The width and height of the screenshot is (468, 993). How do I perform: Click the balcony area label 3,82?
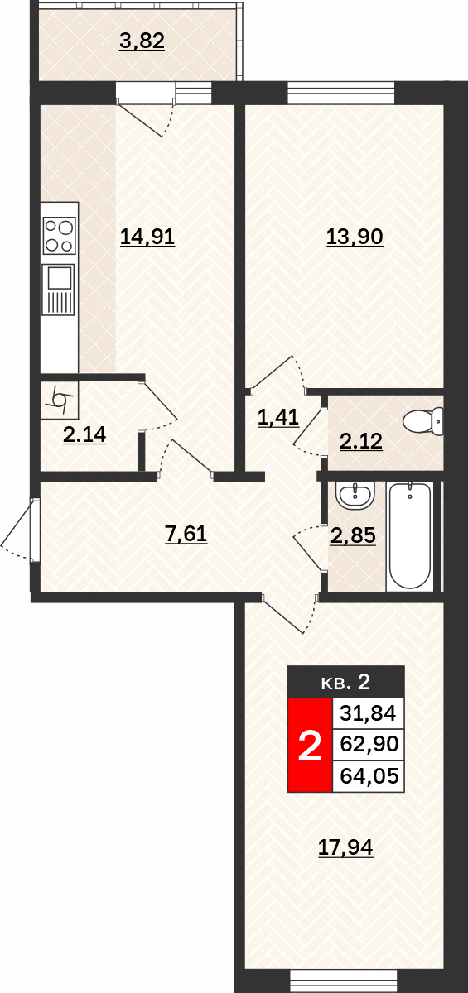click(142, 41)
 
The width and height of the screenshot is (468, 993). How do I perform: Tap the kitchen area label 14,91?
click(147, 237)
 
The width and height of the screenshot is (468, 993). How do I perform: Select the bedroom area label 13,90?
click(355, 237)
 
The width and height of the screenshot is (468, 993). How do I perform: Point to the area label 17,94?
click(346, 847)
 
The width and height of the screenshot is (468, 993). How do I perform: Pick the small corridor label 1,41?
click(278, 418)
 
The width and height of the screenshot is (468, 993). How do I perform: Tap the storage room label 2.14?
click(84, 434)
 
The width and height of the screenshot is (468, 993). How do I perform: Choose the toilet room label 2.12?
click(361, 441)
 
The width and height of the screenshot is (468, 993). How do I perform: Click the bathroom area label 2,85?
click(354, 535)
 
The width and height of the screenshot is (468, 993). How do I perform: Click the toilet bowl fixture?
click(422, 421)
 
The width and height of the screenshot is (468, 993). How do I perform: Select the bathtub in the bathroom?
click(410, 536)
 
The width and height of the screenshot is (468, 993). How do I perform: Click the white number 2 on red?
click(310, 746)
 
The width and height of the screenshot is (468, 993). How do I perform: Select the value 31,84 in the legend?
click(369, 713)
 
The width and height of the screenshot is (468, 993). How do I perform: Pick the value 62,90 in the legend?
click(369, 743)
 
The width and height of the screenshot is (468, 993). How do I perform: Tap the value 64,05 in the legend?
click(369, 776)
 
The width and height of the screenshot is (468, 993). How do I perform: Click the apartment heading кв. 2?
click(345, 682)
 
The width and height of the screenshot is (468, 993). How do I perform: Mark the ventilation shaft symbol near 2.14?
click(60, 401)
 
